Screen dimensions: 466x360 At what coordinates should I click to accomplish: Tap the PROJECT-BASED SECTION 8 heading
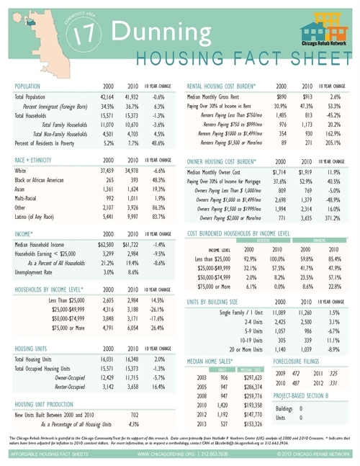click(307, 396)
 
